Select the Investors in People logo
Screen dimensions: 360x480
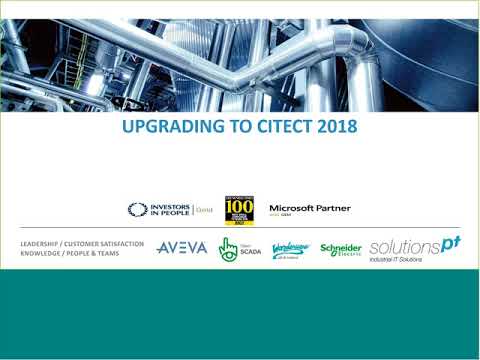coord(160,209)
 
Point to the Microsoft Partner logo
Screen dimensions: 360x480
coord(310,208)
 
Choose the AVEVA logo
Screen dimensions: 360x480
coord(182,247)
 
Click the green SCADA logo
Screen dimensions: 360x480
coord(240,248)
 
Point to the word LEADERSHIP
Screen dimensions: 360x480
coord(43,243)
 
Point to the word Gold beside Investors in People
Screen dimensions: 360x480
coord(205,210)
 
